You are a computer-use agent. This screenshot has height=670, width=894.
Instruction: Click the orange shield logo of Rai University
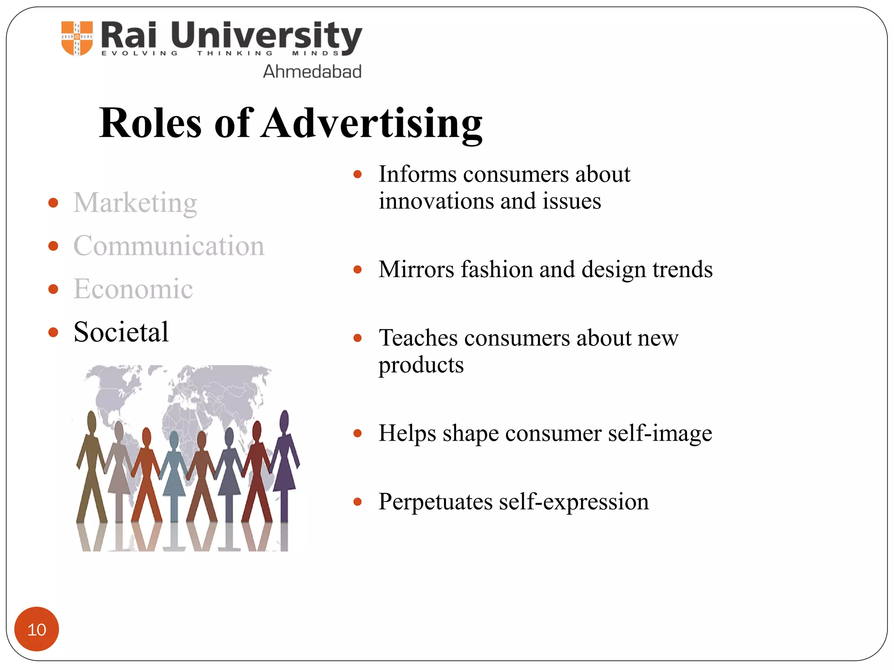click(x=77, y=38)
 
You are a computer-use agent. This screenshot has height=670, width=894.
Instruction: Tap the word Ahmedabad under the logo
click(x=312, y=72)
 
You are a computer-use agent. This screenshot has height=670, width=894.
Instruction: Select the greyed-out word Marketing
click(x=135, y=203)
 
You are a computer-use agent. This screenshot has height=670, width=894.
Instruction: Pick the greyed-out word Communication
click(x=168, y=246)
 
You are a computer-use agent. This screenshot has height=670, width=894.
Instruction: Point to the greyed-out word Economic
click(x=133, y=289)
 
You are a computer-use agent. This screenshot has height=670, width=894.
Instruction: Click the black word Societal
click(x=121, y=332)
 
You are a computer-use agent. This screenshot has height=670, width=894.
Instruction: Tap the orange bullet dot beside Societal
click(x=53, y=333)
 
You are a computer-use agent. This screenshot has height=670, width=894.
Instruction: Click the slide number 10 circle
click(x=37, y=629)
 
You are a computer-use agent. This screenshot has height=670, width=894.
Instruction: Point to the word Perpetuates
click(x=435, y=502)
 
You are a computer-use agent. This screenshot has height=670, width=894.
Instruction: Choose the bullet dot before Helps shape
click(x=358, y=434)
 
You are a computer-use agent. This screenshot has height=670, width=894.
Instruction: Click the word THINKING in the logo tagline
click(x=235, y=53)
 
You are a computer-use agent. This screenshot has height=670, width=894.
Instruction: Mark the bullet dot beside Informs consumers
click(x=358, y=175)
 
